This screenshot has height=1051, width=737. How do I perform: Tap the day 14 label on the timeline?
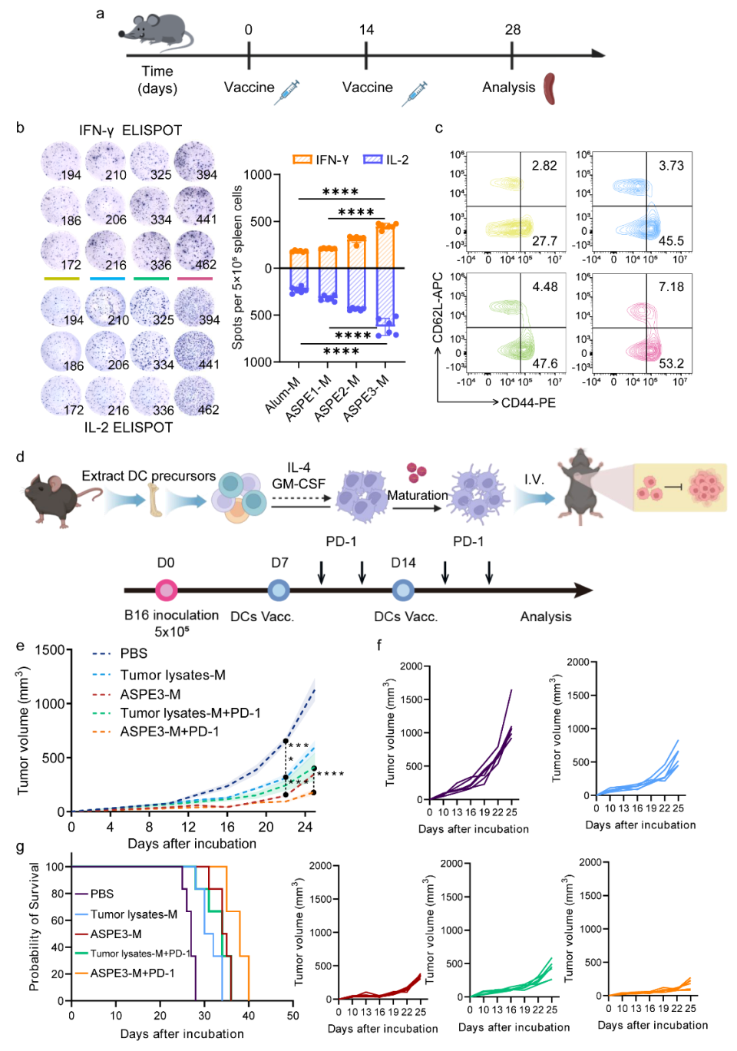366,30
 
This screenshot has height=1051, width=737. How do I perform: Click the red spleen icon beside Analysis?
549,88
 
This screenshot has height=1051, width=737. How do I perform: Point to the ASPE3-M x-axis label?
366,398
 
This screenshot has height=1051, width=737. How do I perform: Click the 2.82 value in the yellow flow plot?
544,166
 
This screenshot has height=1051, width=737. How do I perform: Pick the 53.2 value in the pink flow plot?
671,363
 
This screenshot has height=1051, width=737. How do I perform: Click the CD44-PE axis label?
528,402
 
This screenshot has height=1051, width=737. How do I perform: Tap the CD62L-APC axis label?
438,308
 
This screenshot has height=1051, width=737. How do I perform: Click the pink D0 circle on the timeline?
167,590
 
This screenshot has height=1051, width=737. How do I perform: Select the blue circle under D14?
403,590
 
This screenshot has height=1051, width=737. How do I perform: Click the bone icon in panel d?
156,501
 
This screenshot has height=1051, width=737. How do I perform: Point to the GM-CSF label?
299,484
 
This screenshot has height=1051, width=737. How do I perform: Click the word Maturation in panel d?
418,495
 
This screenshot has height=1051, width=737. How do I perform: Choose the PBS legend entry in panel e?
134,653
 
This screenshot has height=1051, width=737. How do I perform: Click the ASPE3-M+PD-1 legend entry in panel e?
169,732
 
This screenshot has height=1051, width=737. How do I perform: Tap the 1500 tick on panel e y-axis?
50,650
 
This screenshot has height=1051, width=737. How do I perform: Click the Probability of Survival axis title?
34,926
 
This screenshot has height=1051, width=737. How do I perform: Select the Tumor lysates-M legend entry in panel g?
134,914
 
